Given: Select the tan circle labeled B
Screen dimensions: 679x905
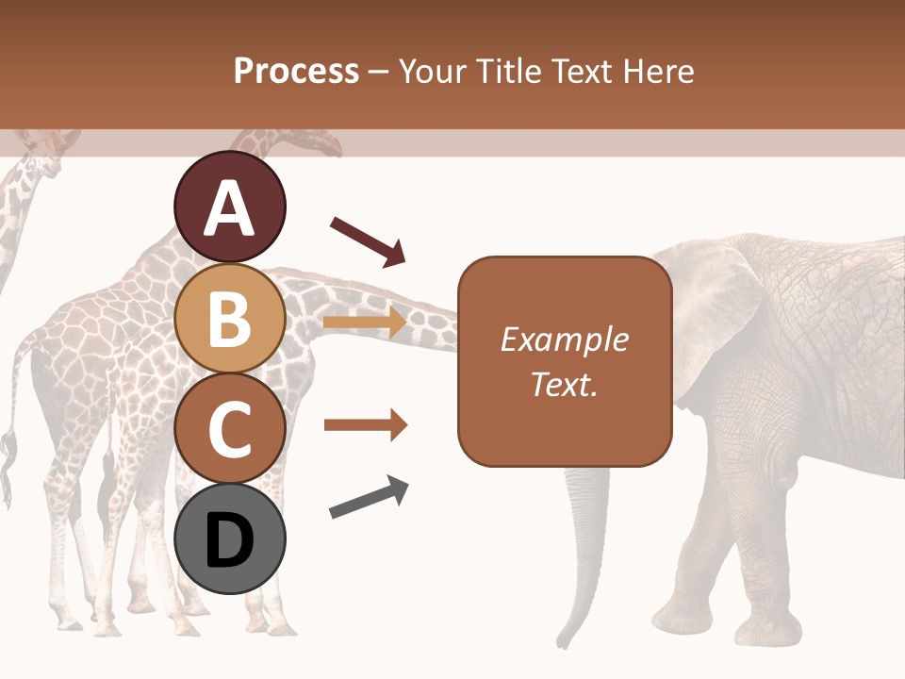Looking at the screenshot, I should tap(229, 318).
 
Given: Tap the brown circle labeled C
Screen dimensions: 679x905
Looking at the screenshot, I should tap(229, 428).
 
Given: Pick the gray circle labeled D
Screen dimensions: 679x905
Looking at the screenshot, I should tap(229, 538).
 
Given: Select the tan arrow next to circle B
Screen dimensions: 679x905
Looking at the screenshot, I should tap(365, 323).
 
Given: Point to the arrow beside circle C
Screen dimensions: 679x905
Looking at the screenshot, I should tap(365, 425).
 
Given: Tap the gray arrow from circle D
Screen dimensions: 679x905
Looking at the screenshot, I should tap(369, 497).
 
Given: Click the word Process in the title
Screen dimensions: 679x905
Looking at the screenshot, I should tap(296, 71).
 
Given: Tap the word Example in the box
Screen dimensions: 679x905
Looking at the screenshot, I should tap(564, 339).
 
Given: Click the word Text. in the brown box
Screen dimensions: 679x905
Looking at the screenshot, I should tap(564, 384).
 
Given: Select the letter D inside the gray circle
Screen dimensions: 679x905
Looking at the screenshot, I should tap(229, 540).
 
